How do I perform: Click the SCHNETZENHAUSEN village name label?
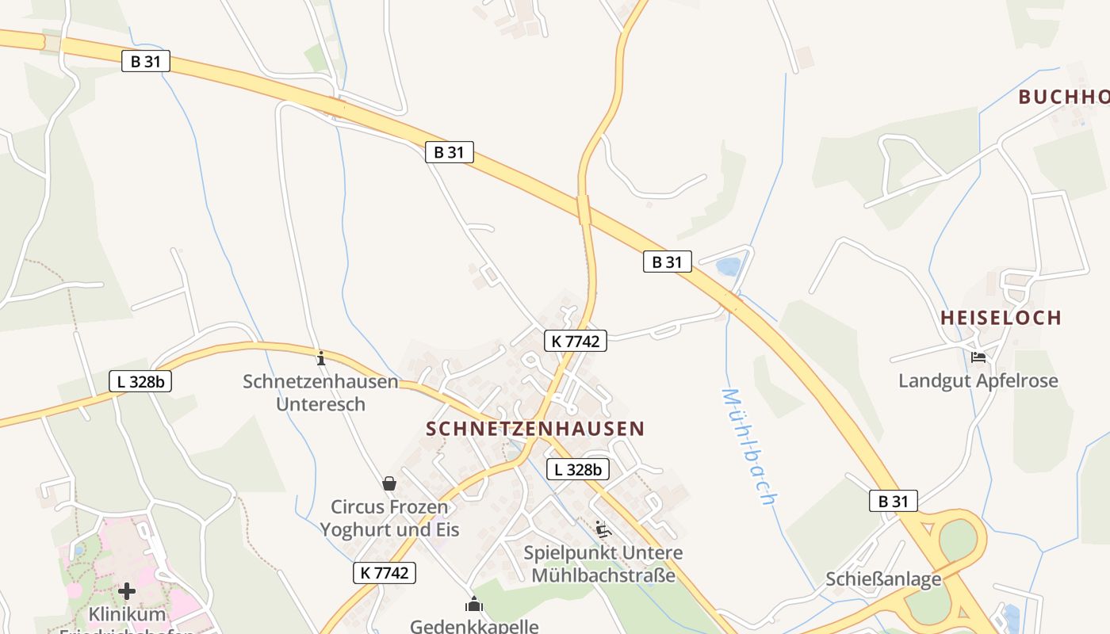pos(535,429)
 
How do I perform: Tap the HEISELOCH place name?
pos(1001,318)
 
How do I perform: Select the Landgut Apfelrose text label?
pos(978,380)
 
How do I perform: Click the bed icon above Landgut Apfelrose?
pos(978,357)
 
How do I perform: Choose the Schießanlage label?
pos(883,579)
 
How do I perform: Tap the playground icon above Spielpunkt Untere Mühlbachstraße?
pos(603,529)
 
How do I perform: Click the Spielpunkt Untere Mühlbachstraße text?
pos(603,563)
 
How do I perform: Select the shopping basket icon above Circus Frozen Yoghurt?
pos(389,483)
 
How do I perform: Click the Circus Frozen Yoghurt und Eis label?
pos(389,518)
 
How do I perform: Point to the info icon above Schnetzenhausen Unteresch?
pos(321,358)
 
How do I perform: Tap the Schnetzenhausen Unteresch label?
pos(320,392)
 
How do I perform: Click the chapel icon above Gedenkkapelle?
pos(474,605)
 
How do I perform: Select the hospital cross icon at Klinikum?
pos(127,591)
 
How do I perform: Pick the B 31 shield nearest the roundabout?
pos(893,501)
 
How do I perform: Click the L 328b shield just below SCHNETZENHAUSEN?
pos(578,469)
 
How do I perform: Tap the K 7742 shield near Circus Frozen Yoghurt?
pos(385,572)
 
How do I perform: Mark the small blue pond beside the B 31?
pos(728,266)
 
